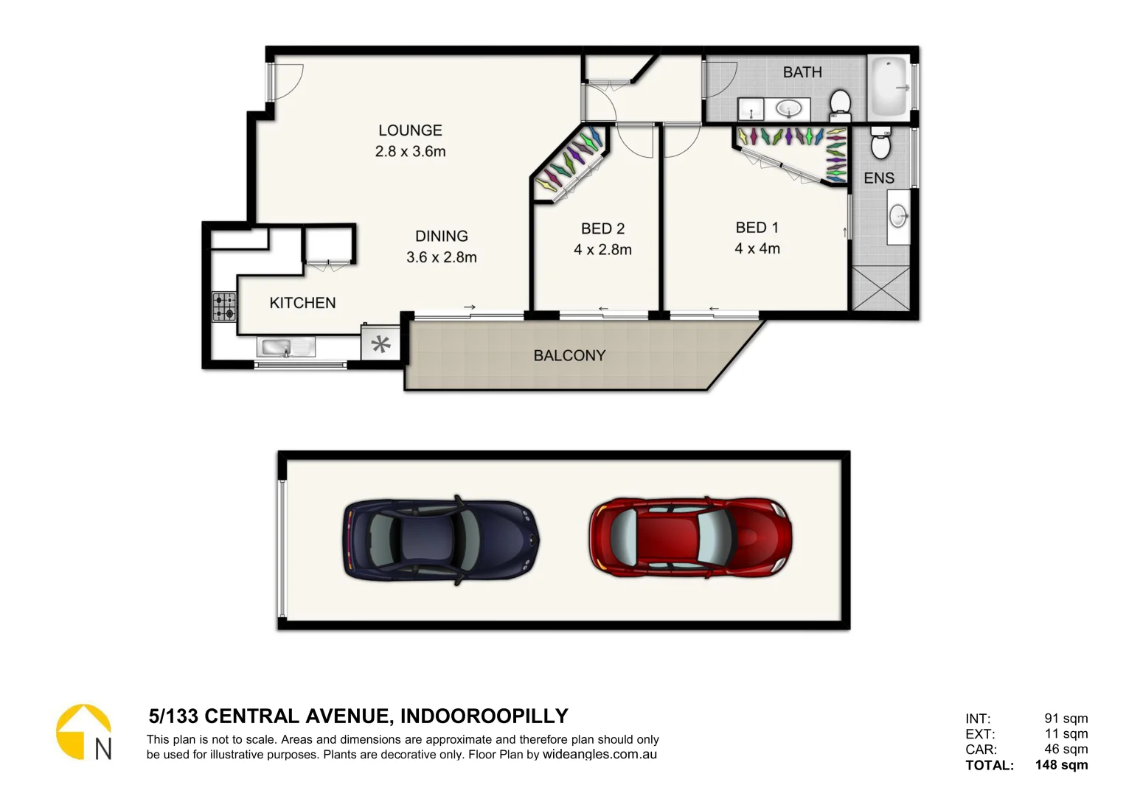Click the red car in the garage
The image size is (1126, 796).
[690, 536]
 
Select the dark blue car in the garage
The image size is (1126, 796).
[440, 539]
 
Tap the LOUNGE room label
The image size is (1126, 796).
[410, 130]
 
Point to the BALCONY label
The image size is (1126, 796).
[569, 356]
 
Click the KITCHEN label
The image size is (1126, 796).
[302, 303]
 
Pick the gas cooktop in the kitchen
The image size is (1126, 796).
[224, 307]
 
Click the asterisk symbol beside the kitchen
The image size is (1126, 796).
[380, 343]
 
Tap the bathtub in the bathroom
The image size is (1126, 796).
[888, 87]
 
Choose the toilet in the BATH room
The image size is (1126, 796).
[840, 104]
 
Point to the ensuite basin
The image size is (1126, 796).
[897, 217]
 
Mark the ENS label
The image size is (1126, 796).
[878, 178]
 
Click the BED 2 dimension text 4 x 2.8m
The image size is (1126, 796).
[602, 250]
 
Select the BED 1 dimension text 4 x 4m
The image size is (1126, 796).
[757, 249]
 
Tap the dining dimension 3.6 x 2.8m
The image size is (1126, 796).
[441, 257]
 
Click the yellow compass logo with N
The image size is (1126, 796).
[84, 732]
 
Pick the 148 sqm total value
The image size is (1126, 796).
[1060, 765]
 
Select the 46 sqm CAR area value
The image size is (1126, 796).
[1066, 749]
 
